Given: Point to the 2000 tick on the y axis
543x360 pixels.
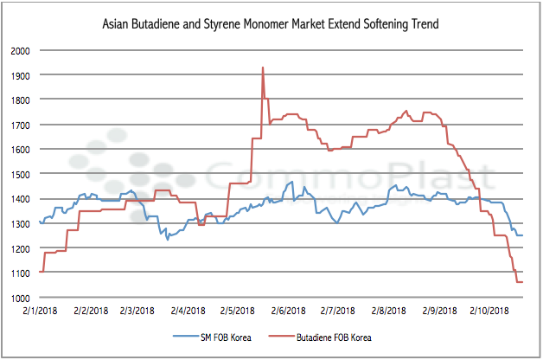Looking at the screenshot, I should [x=20, y=50].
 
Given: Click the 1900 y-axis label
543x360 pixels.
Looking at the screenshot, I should [x=20, y=75].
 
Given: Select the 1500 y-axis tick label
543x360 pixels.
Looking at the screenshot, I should [x=20, y=174].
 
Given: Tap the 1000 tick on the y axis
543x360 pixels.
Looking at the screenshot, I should [x=20, y=298].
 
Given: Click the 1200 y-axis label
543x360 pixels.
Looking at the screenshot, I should [x=20, y=248].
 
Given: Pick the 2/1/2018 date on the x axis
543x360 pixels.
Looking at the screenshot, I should [x=41, y=310].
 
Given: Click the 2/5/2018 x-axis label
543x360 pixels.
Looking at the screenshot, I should [x=240, y=310].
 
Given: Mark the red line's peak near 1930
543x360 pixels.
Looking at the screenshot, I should [x=262, y=67].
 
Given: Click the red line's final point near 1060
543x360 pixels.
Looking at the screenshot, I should [x=522, y=282].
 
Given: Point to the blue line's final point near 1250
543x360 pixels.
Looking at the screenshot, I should [x=522, y=235].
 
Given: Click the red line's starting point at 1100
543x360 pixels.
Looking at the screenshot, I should [x=41, y=273].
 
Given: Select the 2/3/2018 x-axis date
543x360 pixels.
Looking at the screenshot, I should [x=140, y=310].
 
